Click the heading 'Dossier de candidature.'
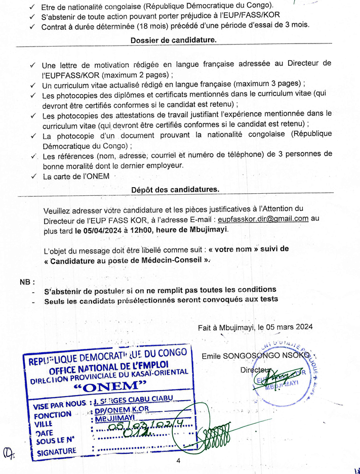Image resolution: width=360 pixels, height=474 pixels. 174,41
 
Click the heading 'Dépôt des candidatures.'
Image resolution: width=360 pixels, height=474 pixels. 175,189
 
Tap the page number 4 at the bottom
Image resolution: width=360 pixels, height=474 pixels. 178,461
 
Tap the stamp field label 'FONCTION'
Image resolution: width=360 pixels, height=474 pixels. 53,415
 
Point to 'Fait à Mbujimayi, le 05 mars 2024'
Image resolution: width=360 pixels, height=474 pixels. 255,327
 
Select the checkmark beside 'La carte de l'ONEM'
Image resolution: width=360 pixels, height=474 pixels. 33,177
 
